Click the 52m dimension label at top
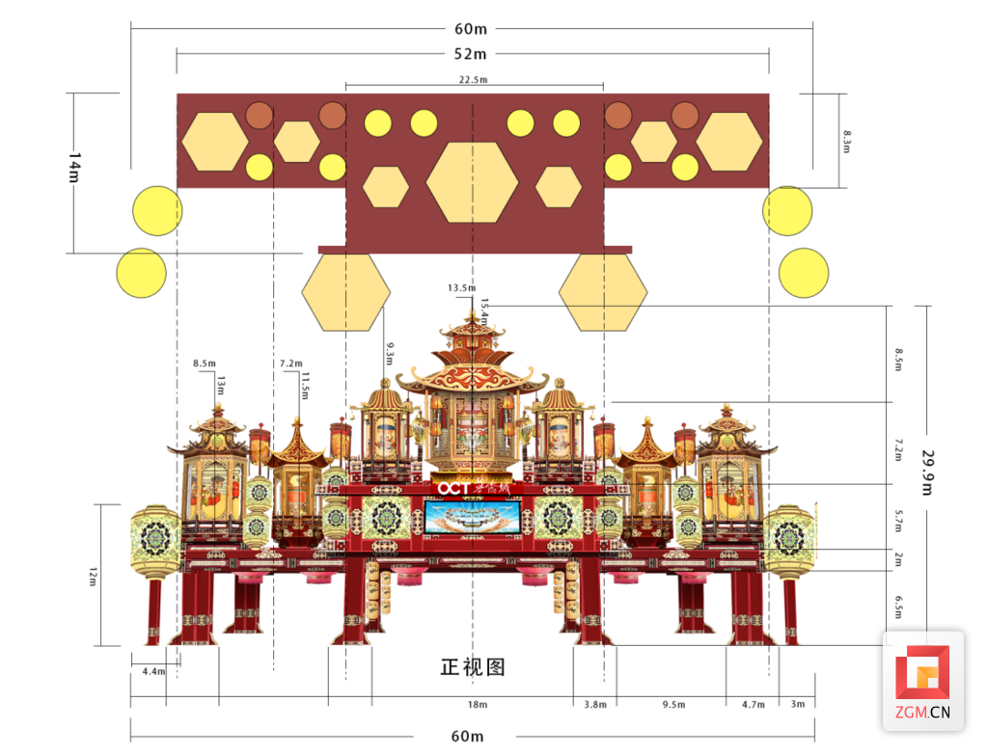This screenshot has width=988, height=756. point(471,54)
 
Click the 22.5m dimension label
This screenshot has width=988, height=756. point(474,80)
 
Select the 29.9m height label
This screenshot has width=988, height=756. point(928,472)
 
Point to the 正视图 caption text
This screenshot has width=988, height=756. point(473,666)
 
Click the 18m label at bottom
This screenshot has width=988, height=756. point(477,705)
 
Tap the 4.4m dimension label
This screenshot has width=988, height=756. point(153,670)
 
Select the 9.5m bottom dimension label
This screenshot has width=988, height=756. point(674,705)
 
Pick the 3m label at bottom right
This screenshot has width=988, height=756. point(798,705)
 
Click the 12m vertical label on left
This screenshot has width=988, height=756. point(94,576)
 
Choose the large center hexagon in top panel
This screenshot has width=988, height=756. point(473,181)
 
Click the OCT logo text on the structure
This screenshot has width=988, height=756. point(453,489)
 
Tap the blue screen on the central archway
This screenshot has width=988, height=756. point(473,518)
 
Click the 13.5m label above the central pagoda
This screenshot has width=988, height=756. point(461,288)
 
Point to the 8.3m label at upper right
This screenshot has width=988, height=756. point(847,141)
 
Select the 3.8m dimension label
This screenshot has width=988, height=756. point(595,705)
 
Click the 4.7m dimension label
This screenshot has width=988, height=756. point(753,705)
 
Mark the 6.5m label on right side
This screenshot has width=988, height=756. point(898,607)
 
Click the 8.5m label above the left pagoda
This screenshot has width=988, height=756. point(205,364)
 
